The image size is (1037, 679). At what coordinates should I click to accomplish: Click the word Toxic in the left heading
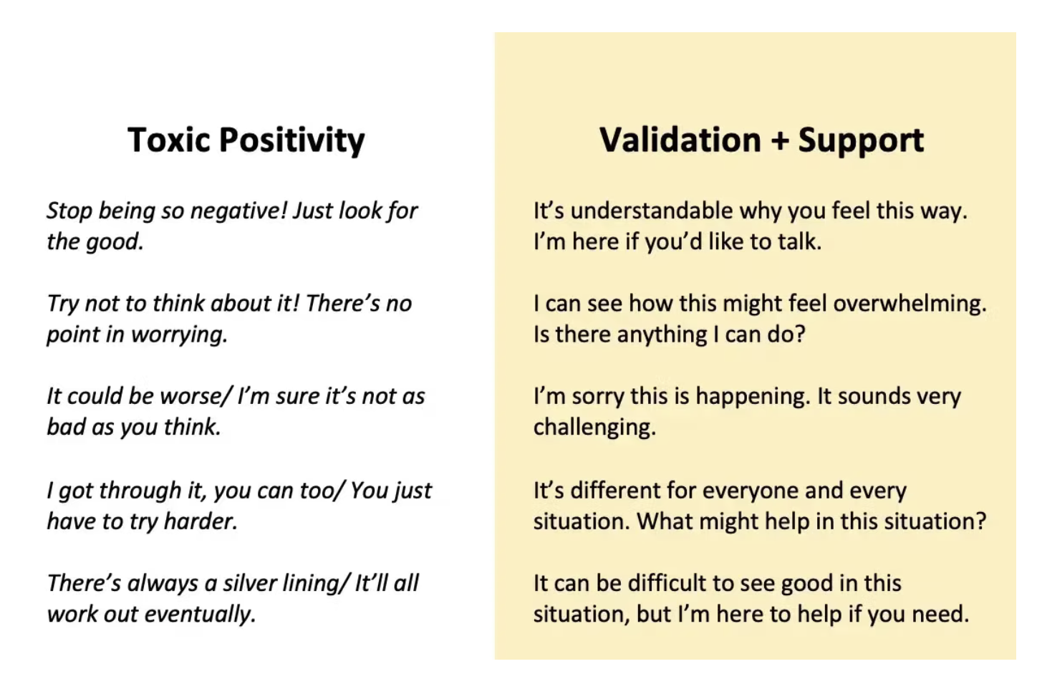tap(169, 140)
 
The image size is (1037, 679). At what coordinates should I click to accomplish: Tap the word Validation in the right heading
tap(680, 140)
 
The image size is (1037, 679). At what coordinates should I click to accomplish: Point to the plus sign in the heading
tap(779, 140)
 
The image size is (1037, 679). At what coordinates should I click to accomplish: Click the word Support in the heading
tap(861, 140)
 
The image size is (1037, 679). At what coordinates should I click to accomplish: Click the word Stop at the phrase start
tap(69, 211)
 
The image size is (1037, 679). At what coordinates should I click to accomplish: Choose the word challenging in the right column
tap(594, 428)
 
